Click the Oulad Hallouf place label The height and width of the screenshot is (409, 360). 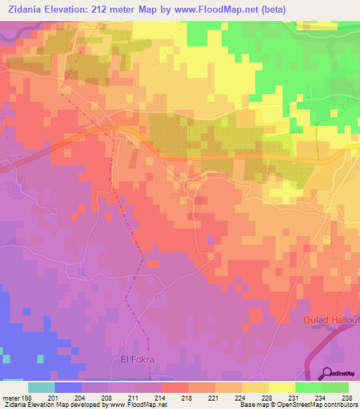tap(330, 320)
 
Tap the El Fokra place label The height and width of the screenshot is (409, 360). tap(131, 361)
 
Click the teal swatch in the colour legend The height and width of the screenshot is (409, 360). tap(41, 387)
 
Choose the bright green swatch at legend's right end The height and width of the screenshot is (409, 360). tap(335, 387)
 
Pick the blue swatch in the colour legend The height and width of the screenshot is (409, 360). tap(68, 387)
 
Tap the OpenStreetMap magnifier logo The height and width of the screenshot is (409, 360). tap(328, 373)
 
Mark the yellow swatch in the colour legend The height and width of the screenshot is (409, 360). tap(282, 387)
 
